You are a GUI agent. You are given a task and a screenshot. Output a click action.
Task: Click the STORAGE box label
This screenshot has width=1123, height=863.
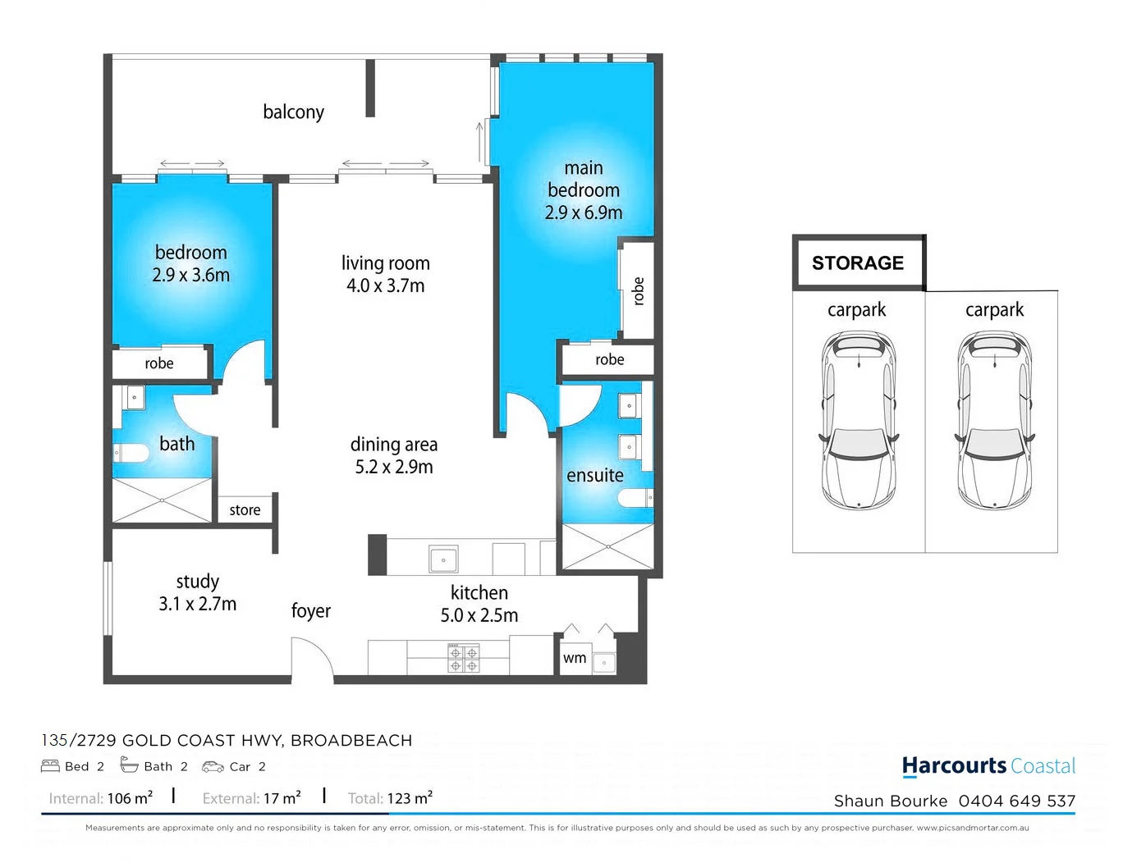858,263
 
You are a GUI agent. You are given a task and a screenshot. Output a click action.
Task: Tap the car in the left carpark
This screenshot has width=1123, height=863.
859,420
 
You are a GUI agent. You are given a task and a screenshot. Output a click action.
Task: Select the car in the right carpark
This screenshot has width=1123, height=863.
994,420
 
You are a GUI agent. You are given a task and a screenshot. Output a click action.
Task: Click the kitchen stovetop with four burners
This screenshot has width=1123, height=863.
463,659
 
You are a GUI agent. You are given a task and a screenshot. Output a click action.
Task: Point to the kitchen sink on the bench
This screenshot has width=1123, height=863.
443,560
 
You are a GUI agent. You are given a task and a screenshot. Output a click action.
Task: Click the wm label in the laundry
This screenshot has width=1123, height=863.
575,658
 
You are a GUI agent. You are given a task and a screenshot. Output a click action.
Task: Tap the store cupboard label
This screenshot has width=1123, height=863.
245,510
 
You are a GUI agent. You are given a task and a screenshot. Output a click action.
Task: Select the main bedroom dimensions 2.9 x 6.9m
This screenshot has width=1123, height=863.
584,212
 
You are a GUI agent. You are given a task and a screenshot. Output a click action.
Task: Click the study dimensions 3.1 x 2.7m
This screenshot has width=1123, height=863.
197,604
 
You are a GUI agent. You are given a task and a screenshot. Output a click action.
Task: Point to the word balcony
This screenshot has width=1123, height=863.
293,112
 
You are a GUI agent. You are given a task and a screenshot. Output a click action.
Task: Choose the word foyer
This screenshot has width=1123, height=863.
310,611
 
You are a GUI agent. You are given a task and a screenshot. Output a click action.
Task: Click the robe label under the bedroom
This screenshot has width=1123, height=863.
159,363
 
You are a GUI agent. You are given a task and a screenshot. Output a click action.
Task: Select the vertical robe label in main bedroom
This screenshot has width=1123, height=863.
638,291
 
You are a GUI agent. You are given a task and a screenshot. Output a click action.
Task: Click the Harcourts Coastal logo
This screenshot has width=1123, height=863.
988,766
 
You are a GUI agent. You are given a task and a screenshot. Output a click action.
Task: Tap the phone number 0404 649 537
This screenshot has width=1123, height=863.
1016,801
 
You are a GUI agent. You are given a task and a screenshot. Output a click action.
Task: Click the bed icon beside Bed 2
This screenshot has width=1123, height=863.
50,766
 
